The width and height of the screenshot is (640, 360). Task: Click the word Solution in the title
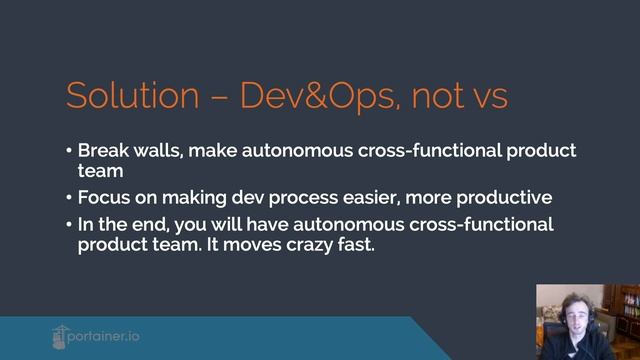tap(132, 96)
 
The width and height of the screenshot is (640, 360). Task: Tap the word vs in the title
tap(486, 97)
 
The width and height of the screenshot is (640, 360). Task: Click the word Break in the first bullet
tap(102, 150)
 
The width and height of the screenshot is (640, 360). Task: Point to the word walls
tap(156, 150)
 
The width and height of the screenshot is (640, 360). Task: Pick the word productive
tap(500, 197)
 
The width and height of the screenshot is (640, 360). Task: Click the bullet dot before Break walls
tap(69, 151)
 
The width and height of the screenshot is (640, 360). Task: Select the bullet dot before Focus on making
tap(69, 198)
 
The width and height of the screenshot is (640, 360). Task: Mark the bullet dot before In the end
tap(69, 224)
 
